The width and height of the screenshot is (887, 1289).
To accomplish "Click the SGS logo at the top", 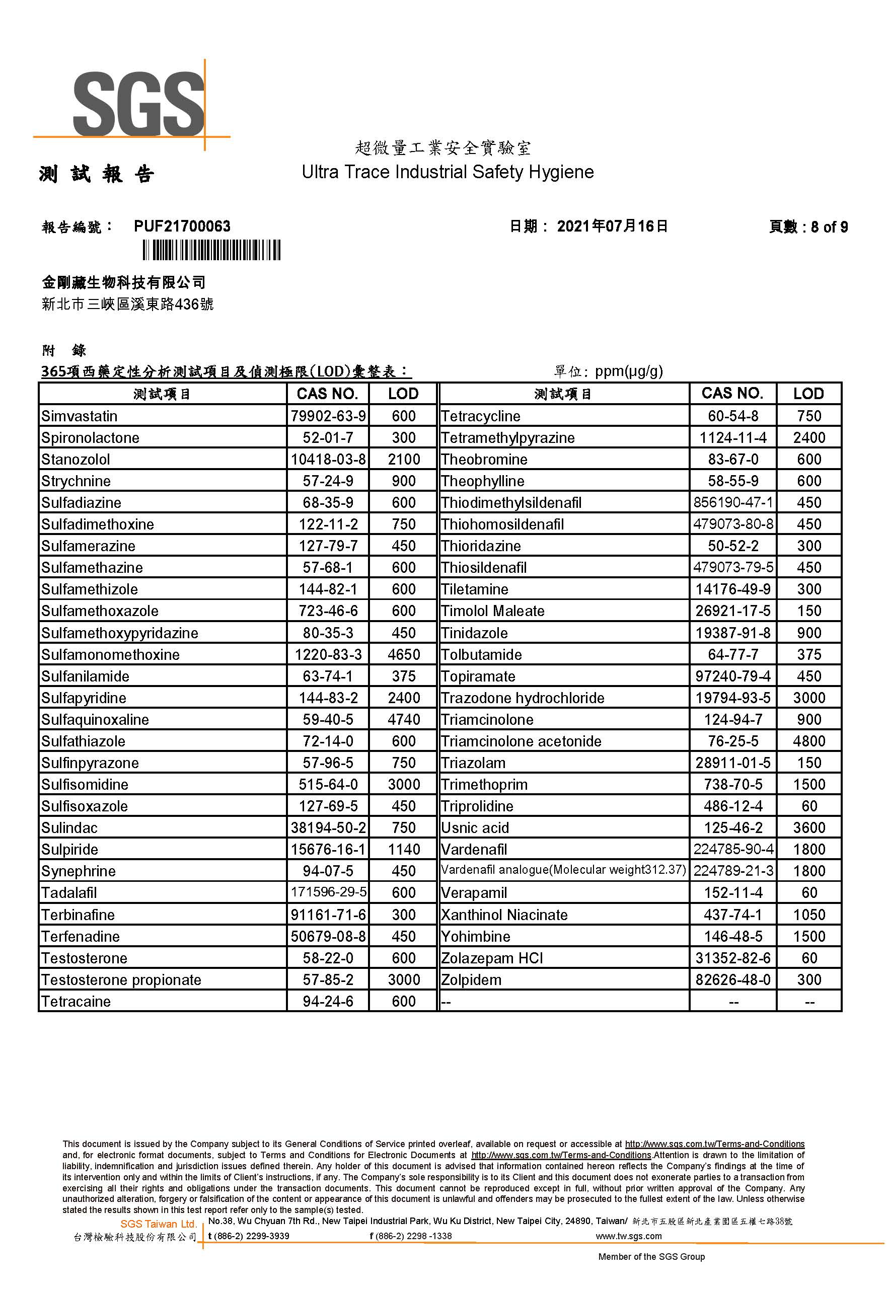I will tap(138, 104).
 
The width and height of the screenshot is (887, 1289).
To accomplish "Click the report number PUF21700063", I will tap(182, 226).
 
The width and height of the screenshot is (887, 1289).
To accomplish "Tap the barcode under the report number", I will tap(211, 250).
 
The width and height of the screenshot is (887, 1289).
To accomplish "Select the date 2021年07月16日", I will tap(612, 226).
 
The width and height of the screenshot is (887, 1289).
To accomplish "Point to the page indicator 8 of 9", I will tap(829, 226).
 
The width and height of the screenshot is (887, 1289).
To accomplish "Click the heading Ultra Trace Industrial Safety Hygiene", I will tap(448, 172).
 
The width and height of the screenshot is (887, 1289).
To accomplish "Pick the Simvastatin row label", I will tap(80, 416).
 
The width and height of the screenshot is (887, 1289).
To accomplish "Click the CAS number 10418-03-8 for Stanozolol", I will tap(328, 460).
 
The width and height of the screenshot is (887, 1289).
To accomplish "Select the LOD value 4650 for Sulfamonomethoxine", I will tap(404, 654).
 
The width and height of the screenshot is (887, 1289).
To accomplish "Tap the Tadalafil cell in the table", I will tap(69, 893).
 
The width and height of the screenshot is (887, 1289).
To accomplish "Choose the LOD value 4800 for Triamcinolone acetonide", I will tap(808, 741).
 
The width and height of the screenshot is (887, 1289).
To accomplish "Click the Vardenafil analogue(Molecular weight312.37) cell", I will tap(563, 870).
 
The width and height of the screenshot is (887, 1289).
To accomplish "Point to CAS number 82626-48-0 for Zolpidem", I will tap(733, 979).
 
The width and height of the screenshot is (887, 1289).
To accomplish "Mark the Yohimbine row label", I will tap(476, 936).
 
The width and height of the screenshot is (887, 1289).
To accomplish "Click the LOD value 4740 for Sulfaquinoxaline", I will tap(404, 720).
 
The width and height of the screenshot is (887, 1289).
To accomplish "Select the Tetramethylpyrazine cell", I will tap(507, 438).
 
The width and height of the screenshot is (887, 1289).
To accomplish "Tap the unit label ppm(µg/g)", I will tap(629, 371).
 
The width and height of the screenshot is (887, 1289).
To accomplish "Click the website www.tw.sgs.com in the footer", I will tap(629, 1236).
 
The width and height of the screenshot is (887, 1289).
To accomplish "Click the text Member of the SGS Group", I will tap(651, 1257).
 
